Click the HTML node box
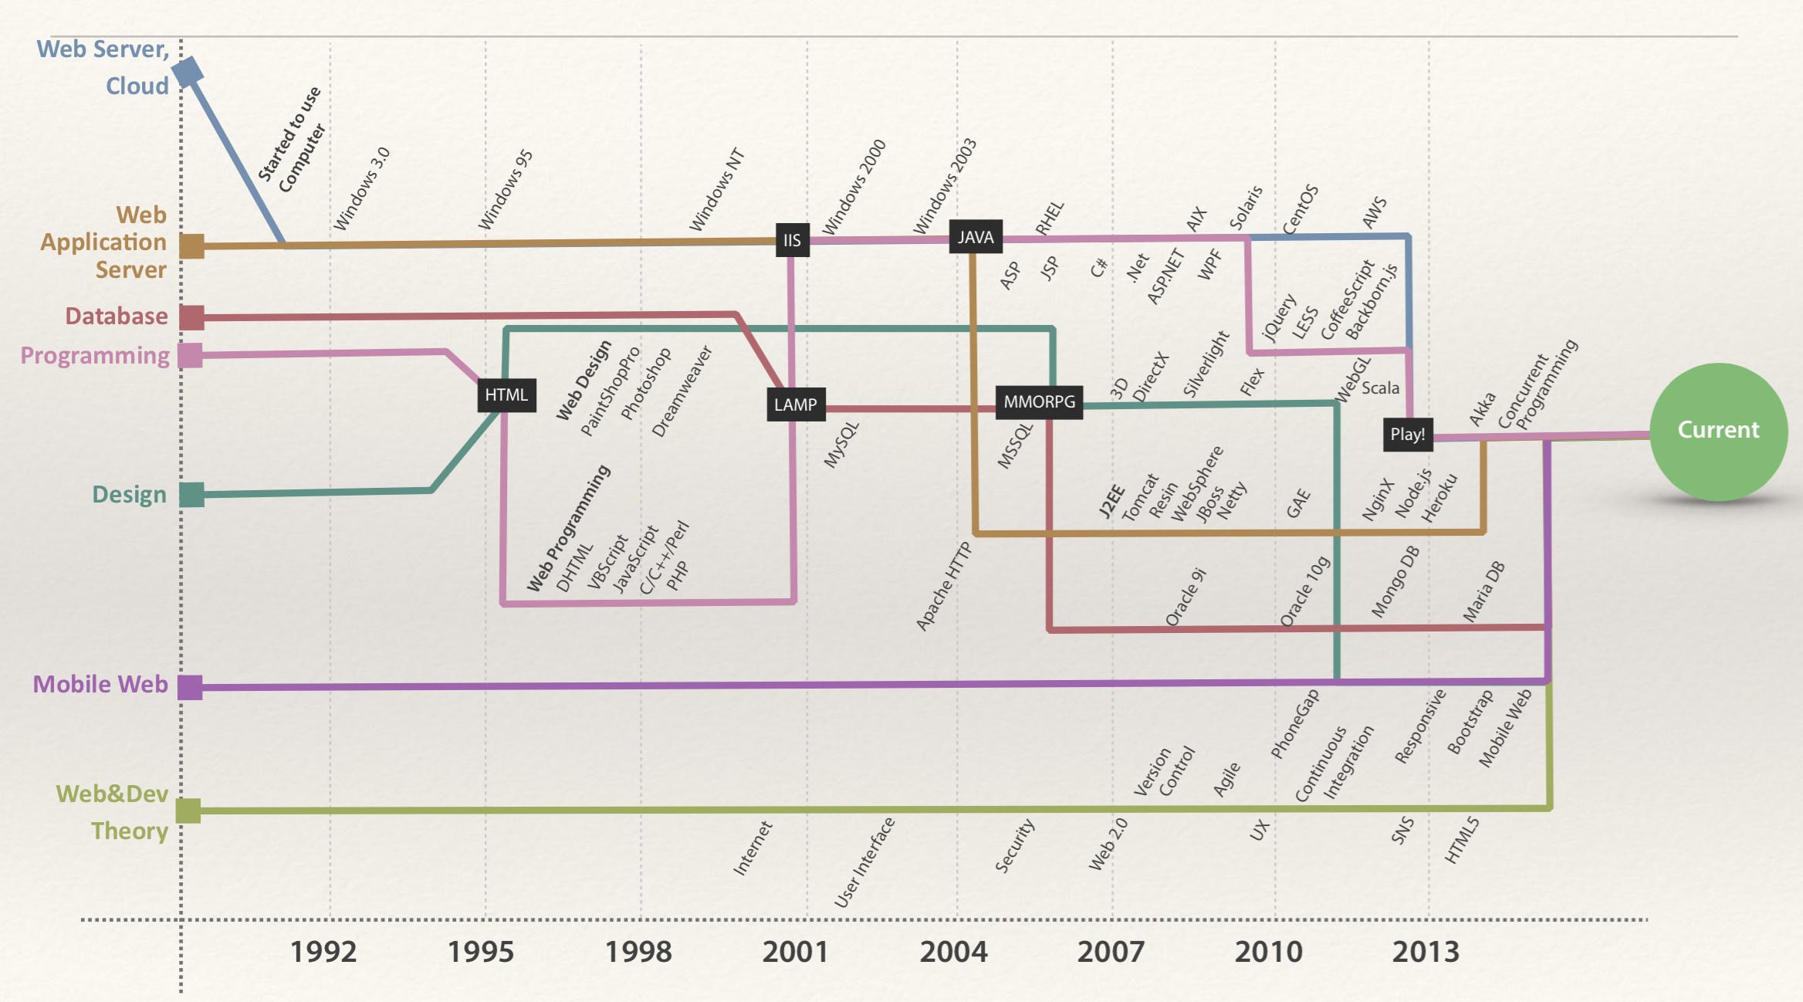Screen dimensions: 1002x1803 click(506, 395)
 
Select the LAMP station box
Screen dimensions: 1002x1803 click(796, 405)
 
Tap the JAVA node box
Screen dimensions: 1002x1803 click(976, 237)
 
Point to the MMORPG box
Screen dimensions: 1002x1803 click(1039, 401)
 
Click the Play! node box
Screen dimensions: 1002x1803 click(1407, 434)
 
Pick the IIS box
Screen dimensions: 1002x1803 click(793, 240)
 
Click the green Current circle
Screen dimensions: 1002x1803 click(1718, 431)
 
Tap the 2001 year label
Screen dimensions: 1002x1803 click(795, 952)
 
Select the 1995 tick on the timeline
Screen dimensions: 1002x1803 click(481, 952)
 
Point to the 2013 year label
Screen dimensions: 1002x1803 click(1426, 952)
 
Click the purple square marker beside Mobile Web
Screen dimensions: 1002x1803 click(190, 687)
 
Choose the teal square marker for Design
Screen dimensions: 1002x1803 click(191, 495)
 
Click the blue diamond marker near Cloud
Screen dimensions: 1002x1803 click(188, 72)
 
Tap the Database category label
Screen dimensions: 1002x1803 click(117, 316)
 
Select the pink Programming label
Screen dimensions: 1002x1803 click(95, 355)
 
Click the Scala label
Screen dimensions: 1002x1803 click(1380, 388)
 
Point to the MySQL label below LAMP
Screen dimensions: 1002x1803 click(841, 445)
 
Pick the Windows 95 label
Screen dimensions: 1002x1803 click(506, 190)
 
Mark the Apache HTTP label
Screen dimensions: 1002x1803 click(943, 587)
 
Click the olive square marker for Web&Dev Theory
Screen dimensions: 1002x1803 click(188, 811)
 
